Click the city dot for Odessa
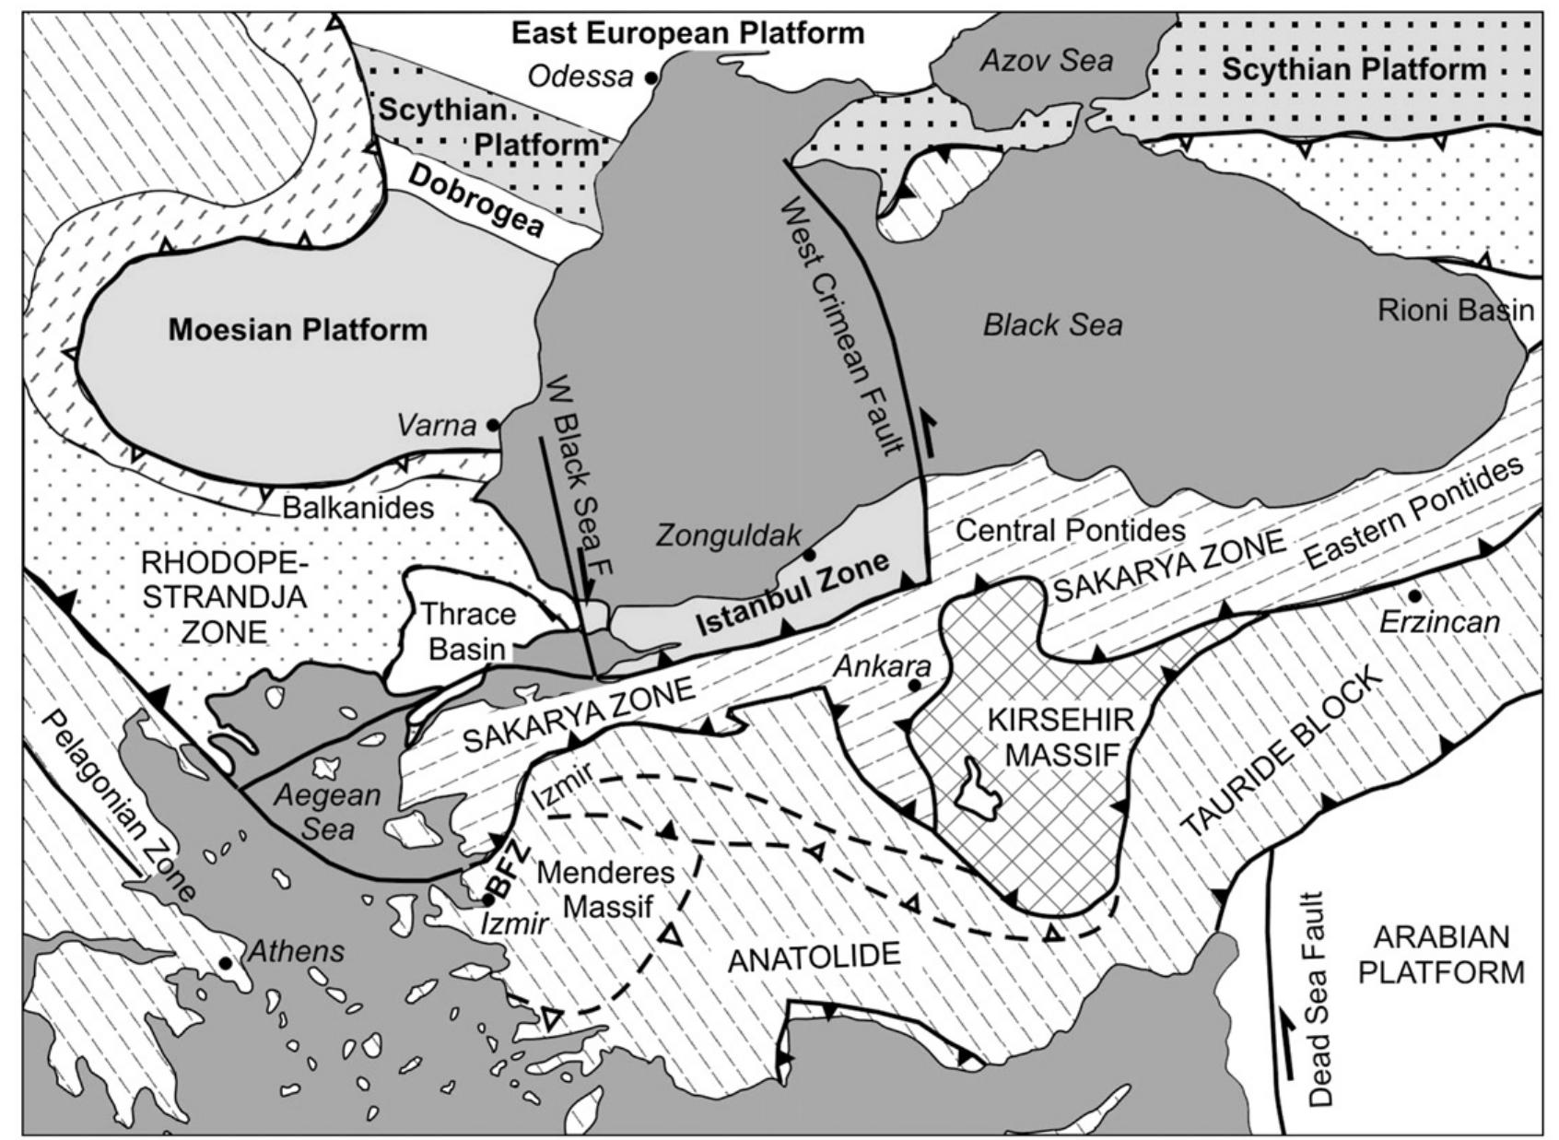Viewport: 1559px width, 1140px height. (651, 78)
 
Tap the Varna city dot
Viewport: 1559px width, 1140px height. (493, 425)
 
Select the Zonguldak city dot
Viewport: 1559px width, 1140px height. (809, 555)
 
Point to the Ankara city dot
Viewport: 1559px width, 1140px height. (914, 686)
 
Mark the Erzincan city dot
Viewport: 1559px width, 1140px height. (1413, 595)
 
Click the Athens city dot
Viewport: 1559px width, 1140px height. (225, 963)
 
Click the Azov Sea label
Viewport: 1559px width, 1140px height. (1046, 61)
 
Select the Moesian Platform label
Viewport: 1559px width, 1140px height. (298, 330)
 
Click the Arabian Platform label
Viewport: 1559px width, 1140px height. (1441, 955)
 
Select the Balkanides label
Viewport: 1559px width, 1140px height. (358, 507)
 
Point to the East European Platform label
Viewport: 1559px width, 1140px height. (688, 34)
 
